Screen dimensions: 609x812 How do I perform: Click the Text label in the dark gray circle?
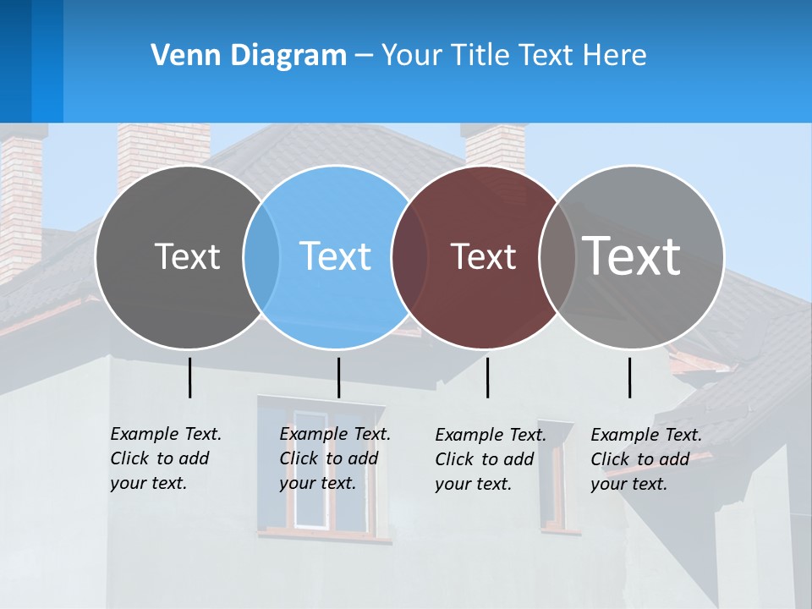[187, 256]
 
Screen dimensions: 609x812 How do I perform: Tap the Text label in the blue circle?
[335, 256]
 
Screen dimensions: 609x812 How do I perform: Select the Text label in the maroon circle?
[483, 256]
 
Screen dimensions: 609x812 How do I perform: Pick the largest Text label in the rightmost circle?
[632, 255]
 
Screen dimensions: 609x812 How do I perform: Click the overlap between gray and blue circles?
[261, 257]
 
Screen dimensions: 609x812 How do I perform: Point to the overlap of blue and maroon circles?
[409, 257]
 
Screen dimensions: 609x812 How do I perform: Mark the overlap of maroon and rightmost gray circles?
[557, 257]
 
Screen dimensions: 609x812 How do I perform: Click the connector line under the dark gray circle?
[189, 377]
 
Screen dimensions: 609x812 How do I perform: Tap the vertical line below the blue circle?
[338, 377]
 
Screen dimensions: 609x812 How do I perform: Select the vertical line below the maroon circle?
[487, 377]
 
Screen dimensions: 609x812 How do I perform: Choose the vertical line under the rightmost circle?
[629, 377]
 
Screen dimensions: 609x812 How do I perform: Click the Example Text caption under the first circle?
[165, 458]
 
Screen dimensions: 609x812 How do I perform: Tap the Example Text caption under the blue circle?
[334, 458]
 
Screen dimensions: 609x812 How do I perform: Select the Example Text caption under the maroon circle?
[490, 459]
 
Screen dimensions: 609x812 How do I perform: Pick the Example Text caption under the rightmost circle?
[645, 459]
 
